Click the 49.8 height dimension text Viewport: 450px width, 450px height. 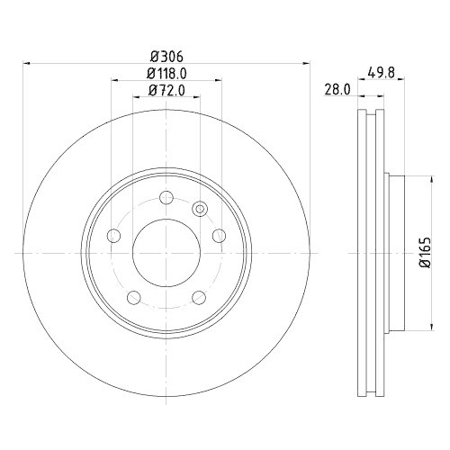(381, 72)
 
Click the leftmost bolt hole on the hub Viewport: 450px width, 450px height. (113, 236)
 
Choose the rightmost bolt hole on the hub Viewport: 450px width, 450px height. (219, 236)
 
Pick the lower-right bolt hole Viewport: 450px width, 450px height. (199, 297)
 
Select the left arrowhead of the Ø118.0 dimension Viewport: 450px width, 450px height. (114, 81)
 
